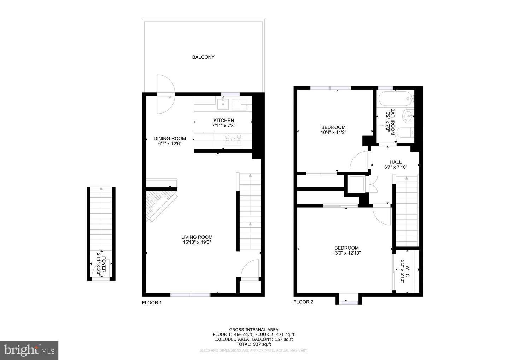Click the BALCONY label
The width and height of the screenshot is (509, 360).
tap(203, 57)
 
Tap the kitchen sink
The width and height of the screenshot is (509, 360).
tap(223, 104)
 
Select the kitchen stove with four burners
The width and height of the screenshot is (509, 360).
tap(233, 140)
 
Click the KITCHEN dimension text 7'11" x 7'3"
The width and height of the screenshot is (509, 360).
tap(224, 126)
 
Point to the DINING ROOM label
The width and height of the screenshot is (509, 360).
tap(170, 138)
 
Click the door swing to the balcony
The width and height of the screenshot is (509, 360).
tap(166, 94)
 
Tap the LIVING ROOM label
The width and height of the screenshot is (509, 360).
tap(197, 237)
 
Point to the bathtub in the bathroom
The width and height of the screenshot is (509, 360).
tap(396, 99)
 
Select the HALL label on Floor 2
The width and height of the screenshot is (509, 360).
tap(396, 162)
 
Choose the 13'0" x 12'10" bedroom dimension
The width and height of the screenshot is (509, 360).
tap(347, 253)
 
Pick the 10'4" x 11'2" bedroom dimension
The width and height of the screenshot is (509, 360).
tap(333, 132)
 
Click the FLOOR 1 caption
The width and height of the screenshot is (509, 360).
tap(152, 303)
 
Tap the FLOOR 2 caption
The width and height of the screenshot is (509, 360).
tap(303, 302)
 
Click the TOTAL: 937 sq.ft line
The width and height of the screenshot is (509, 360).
tap(253, 344)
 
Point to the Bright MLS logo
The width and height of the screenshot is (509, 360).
tap(29, 350)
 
